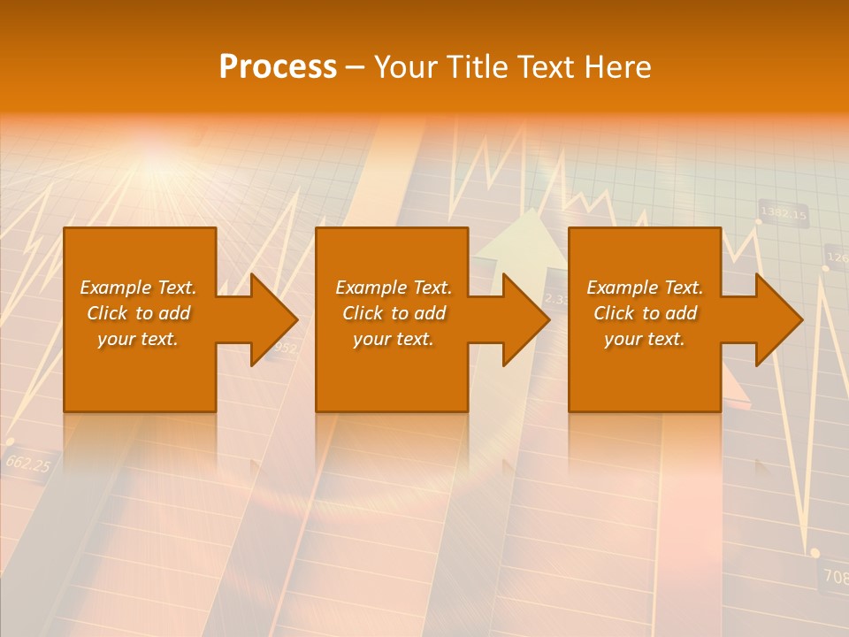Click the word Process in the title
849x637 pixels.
278,67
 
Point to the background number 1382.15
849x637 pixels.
784,213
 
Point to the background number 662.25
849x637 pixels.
28,463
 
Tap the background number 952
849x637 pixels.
285,349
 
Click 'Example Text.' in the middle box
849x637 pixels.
394,288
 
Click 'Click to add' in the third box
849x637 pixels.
646,313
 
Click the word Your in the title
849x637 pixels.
405,67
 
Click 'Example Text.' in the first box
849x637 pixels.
138,288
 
